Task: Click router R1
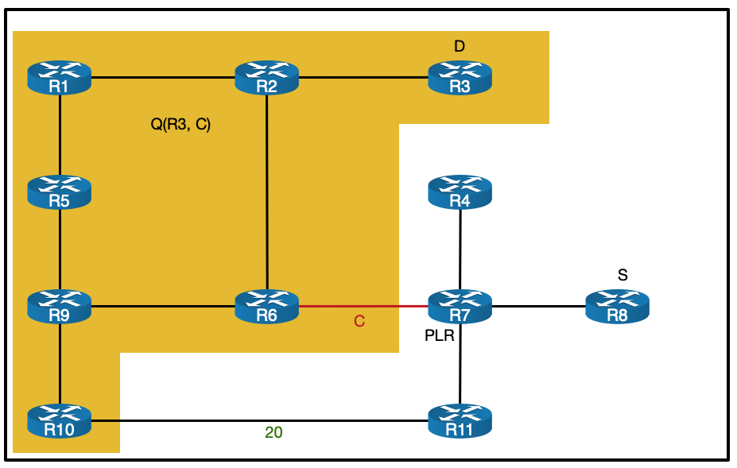tap(60, 78)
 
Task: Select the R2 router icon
tap(267, 78)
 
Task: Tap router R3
tap(460, 78)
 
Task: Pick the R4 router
tap(460, 191)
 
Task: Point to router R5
tap(60, 191)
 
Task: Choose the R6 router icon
tap(267, 306)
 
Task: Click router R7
tap(460, 306)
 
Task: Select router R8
tap(617, 306)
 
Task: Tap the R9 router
tap(60, 306)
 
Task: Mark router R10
tap(60, 420)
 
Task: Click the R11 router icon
tap(460, 420)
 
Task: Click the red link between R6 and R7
tap(363, 306)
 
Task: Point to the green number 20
tap(273, 433)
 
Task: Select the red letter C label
tap(359, 322)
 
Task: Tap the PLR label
tap(440, 336)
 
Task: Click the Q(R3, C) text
tap(180, 125)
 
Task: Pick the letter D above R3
tap(460, 47)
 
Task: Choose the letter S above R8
tap(623, 275)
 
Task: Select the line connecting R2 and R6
tap(267, 191)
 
